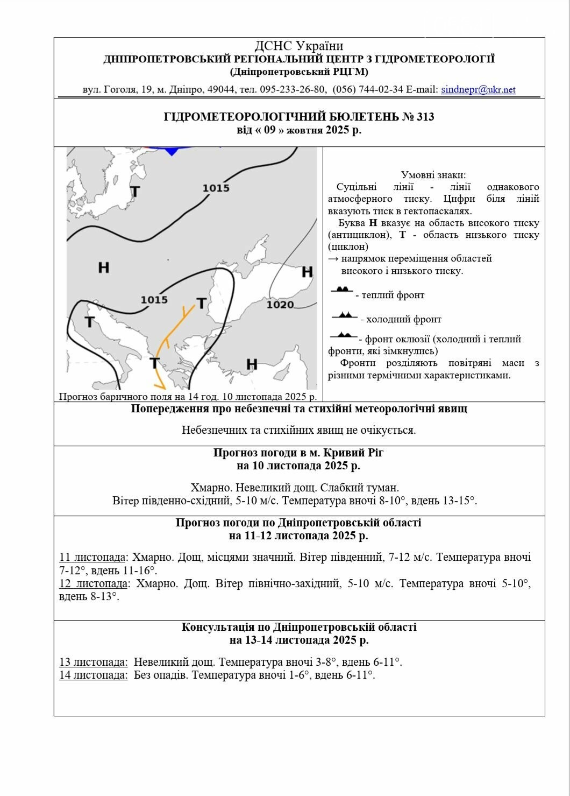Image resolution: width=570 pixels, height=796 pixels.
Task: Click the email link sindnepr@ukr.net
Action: click(478, 90)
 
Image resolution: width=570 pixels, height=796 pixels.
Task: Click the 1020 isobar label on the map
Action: click(280, 305)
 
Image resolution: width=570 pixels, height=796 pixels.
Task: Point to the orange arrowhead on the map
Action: click(160, 385)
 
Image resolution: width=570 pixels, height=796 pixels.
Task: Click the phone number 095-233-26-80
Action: click(293, 90)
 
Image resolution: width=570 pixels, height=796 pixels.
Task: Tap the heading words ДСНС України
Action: click(299, 46)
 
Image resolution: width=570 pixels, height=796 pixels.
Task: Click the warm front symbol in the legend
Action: click(342, 290)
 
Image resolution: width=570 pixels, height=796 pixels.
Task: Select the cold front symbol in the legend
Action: click(344, 315)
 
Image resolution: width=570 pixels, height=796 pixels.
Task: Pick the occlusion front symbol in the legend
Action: click(343, 336)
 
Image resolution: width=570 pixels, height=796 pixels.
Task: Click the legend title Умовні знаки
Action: click(433, 175)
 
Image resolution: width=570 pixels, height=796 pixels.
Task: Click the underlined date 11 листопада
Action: click(92, 558)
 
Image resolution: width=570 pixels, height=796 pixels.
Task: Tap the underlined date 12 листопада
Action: click(94, 584)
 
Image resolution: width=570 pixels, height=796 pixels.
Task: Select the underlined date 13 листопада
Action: click(94, 663)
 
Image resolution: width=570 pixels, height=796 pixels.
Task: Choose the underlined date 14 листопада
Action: click(94, 675)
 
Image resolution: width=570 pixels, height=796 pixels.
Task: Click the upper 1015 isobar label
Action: click(216, 188)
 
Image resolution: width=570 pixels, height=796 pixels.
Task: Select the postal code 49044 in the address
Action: click(220, 90)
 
